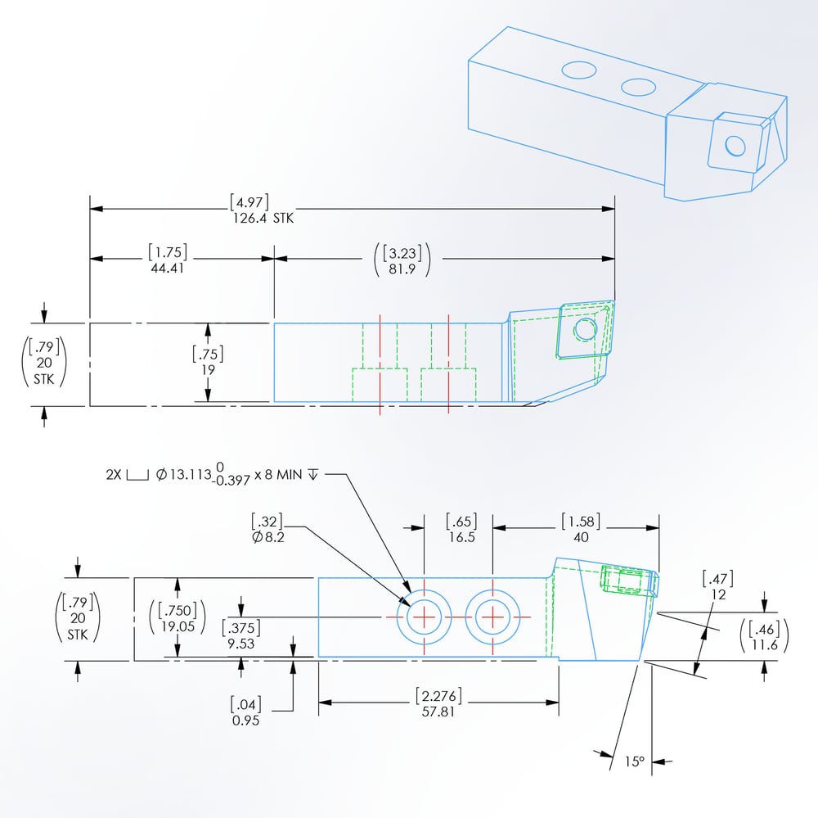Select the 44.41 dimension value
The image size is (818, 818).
(x=167, y=268)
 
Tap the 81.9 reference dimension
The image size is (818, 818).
(x=401, y=268)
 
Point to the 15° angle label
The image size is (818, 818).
(x=636, y=762)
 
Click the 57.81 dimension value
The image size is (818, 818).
(x=438, y=712)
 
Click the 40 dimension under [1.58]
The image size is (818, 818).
(x=580, y=537)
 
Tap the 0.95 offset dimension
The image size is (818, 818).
(x=245, y=721)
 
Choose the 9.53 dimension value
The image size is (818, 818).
(x=243, y=644)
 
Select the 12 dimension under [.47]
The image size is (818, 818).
(x=718, y=595)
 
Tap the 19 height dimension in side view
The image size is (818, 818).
(x=208, y=370)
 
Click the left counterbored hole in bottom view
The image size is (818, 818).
(x=425, y=616)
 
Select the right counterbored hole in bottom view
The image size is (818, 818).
(x=493, y=616)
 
